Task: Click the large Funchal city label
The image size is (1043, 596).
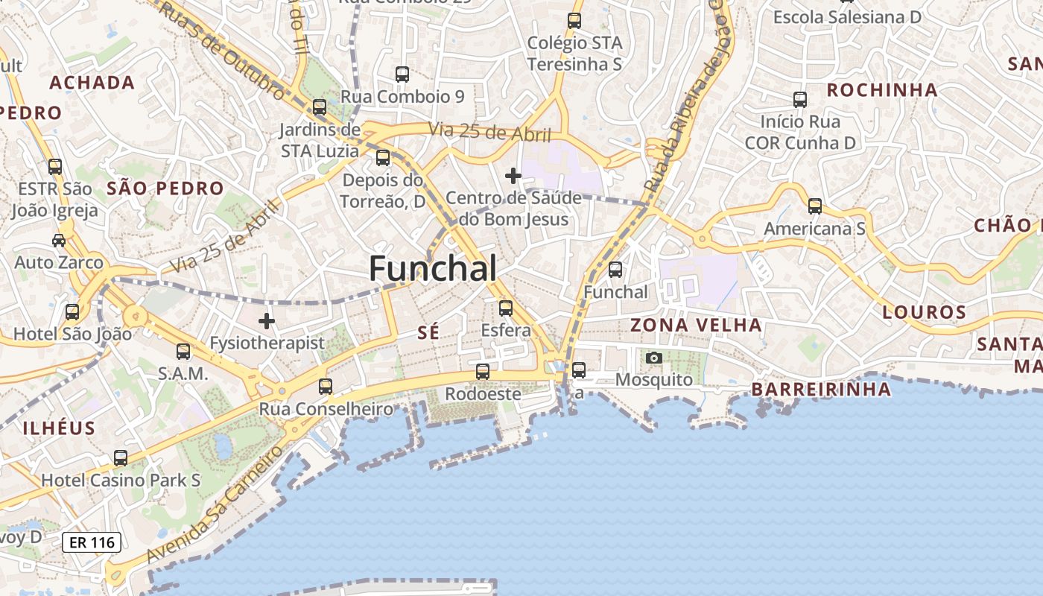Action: point(433,268)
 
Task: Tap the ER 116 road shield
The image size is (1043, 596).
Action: point(92,542)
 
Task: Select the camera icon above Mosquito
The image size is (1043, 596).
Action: point(654,358)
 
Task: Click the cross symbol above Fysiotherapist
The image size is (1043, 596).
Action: point(267,321)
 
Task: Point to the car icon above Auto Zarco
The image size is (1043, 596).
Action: point(59,240)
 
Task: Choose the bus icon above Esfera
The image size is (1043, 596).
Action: point(506,308)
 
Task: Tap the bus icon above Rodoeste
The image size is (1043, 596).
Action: point(483,371)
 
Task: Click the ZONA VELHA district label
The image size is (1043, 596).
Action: point(696,325)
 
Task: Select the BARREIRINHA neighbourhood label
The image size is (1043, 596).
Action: point(820,389)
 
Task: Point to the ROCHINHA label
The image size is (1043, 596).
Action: point(882,90)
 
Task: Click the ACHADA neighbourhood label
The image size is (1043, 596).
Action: point(92,83)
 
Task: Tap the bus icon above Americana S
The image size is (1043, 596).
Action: point(815,206)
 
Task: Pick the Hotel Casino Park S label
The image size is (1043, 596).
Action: point(121,481)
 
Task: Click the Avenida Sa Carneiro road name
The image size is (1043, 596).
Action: point(215,503)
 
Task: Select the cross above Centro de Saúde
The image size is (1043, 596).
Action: point(513,176)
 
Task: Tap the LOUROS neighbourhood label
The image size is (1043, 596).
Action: point(924,312)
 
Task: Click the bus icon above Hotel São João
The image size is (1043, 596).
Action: point(72,312)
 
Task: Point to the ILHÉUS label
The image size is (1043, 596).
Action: point(60,428)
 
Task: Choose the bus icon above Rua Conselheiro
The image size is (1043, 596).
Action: point(326,387)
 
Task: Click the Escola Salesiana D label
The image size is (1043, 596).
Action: point(847,16)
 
